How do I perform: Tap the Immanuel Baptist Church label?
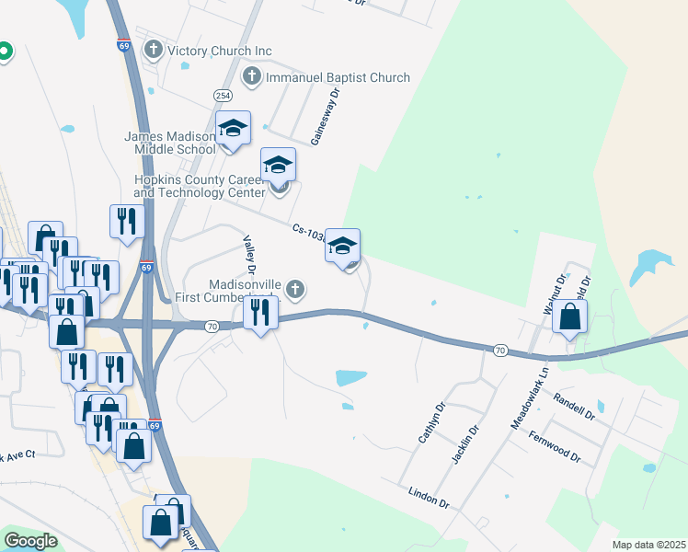[338, 77]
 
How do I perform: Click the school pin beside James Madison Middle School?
[233, 131]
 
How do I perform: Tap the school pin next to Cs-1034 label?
[343, 247]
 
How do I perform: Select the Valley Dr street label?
[247, 253]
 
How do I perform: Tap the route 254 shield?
[223, 95]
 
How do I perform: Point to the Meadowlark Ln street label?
[528, 399]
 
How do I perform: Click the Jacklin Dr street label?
[468, 443]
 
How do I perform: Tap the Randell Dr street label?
[575, 406]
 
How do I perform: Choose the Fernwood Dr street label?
[556, 444]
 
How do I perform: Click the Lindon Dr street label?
[429, 498]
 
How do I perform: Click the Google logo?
[31, 542]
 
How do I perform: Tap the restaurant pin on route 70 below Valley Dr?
[261, 314]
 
